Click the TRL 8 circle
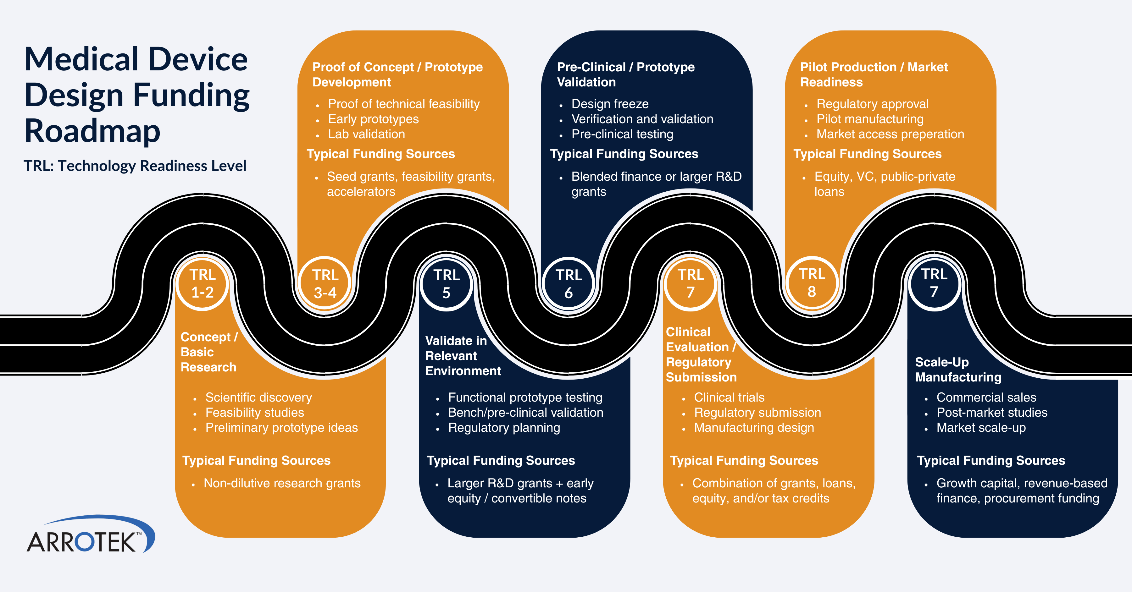click(x=812, y=283)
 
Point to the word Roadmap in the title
click(x=92, y=131)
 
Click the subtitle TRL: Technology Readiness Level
click(x=135, y=166)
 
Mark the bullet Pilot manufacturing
click(x=870, y=119)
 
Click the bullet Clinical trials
click(x=729, y=397)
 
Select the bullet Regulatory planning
click(x=504, y=427)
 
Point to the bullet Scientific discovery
click(x=258, y=397)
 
